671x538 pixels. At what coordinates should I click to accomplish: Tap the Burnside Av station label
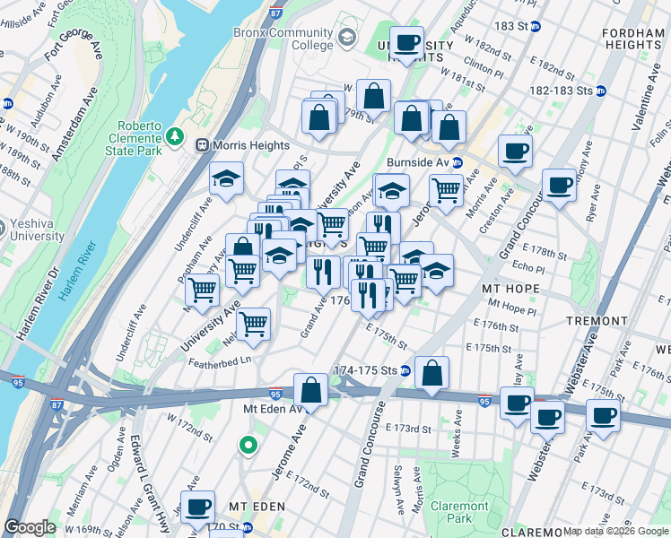tap(417, 163)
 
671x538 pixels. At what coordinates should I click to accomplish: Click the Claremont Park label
tap(459, 512)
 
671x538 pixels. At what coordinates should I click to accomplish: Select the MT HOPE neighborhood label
tap(510, 289)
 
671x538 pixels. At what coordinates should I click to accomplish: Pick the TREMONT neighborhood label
tap(597, 320)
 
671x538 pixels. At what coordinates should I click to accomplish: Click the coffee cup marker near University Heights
tap(406, 43)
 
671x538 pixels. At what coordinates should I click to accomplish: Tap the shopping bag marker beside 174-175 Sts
tap(431, 374)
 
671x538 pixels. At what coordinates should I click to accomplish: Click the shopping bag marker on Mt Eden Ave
tap(310, 390)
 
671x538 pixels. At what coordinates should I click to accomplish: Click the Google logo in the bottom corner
tap(30, 527)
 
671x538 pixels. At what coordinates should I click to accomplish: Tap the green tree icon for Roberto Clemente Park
tap(175, 137)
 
